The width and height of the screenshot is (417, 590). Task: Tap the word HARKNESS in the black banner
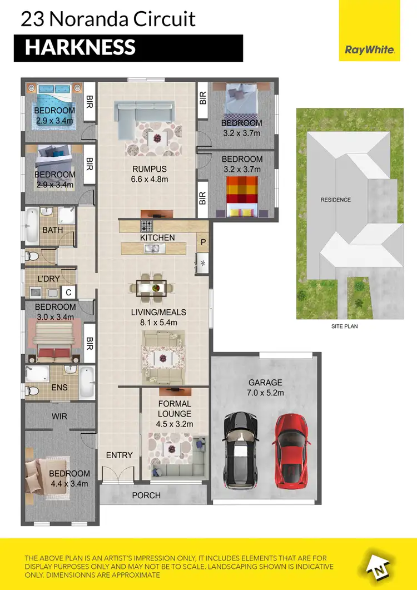[80, 47]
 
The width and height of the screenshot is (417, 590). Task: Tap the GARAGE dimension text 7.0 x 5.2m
[265, 393]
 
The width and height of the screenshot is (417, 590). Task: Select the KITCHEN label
[157, 237]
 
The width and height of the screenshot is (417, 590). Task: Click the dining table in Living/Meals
[151, 288]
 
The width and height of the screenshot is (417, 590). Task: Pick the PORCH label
[147, 495]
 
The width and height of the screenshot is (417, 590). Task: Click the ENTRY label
[119, 455]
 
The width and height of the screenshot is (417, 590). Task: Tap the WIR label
[59, 415]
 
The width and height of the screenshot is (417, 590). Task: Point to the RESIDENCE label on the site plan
[335, 199]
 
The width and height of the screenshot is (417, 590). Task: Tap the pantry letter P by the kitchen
[202, 242]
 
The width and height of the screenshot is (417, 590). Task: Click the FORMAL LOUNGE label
[174, 409]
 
